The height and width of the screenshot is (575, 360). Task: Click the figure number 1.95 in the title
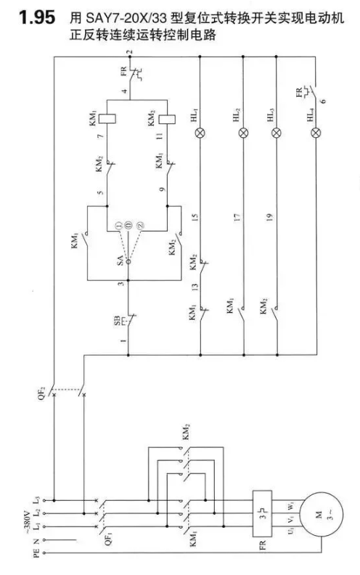click(37, 18)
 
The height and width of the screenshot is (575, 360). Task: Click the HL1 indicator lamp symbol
click(200, 133)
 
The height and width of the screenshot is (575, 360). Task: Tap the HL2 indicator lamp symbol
click(243, 133)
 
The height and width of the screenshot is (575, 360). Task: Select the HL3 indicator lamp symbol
click(277, 133)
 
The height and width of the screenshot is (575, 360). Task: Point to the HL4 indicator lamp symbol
click(315, 133)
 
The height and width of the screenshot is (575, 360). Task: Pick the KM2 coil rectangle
click(167, 119)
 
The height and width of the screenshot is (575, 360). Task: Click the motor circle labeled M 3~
click(322, 513)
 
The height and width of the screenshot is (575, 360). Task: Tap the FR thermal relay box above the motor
click(262, 513)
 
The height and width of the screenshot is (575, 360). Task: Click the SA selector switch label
click(120, 261)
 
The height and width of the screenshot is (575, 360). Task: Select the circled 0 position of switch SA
click(128, 226)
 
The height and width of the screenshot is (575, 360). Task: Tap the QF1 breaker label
click(108, 537)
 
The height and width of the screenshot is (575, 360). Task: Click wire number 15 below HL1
click(195, 217)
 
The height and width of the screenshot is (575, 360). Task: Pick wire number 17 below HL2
click(237, 217)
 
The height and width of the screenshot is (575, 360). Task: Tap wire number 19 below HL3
click(269, 217)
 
